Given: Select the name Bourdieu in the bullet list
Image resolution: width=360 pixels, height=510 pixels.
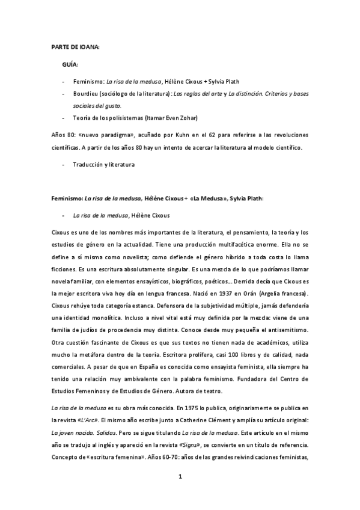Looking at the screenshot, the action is [x=85, y=94].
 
